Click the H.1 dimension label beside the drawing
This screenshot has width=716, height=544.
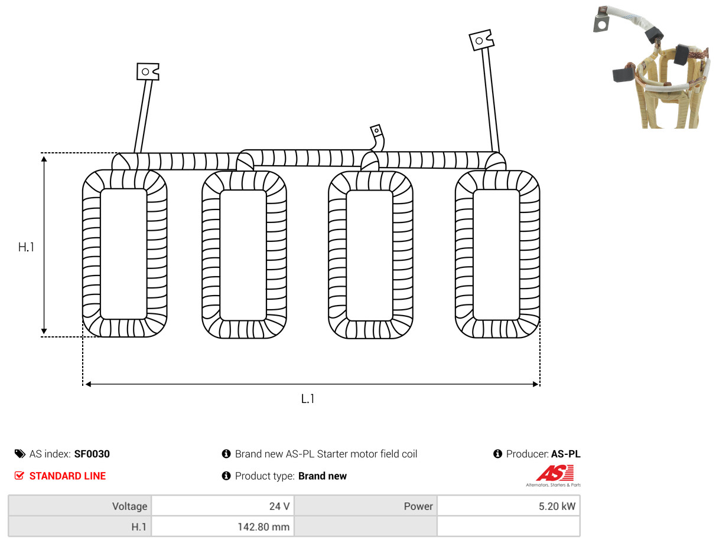coord(26,247)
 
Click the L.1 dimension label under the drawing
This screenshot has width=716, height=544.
coord(308,399)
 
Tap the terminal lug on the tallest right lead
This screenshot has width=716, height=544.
coord(481,40)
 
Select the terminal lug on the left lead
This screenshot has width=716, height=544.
coord(148,71)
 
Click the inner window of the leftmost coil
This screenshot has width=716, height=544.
coord(123,254)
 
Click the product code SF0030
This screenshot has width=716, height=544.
coord(92,454)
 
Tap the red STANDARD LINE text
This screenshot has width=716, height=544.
coord(67,476)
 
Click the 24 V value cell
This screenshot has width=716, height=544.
coord(223,506)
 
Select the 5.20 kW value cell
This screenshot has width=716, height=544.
coord(508,506)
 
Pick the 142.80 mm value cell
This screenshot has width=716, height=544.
coord(223,527)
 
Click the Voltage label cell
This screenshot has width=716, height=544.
coord(80,506)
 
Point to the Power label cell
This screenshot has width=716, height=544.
coord(365,506)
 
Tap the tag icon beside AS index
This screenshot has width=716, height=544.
coord(19,454)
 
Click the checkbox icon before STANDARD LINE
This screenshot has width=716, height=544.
coord(19,476)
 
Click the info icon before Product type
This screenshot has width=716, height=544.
coord(226,476)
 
